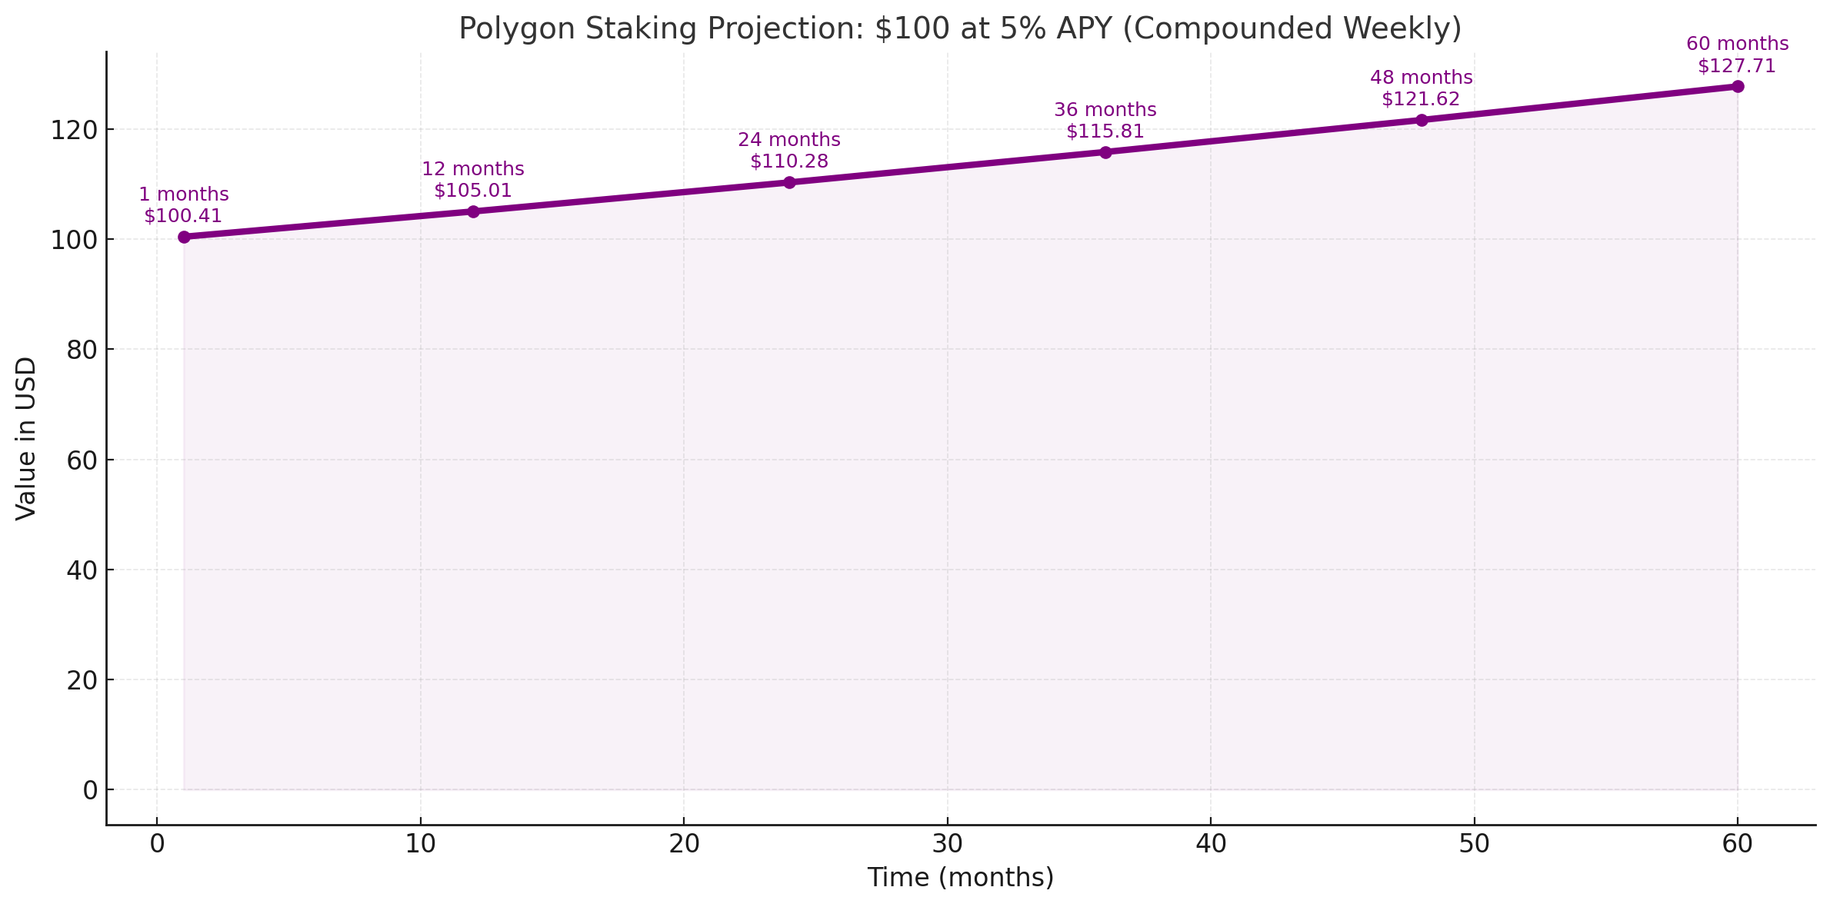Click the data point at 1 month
click(184, 237)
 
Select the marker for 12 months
click(473, 211)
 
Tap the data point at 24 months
click(789, 182)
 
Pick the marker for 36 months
click(1105, 152)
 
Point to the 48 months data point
click(1422, 120)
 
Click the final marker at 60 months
click(1738, 86)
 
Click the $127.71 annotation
click(1737, 66)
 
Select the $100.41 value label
click(183, 216)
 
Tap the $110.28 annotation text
click(789, 161)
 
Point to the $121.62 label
click(1421, 99)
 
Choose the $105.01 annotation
click(473, 191)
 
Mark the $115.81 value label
click(1105, 131)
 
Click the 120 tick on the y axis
click(75, 130)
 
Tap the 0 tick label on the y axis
click(90, 790)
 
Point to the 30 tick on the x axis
click(947, 845)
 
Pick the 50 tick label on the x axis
click(1474, 845)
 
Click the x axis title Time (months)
click(960, 878)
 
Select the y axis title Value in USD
click(26, 438)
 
